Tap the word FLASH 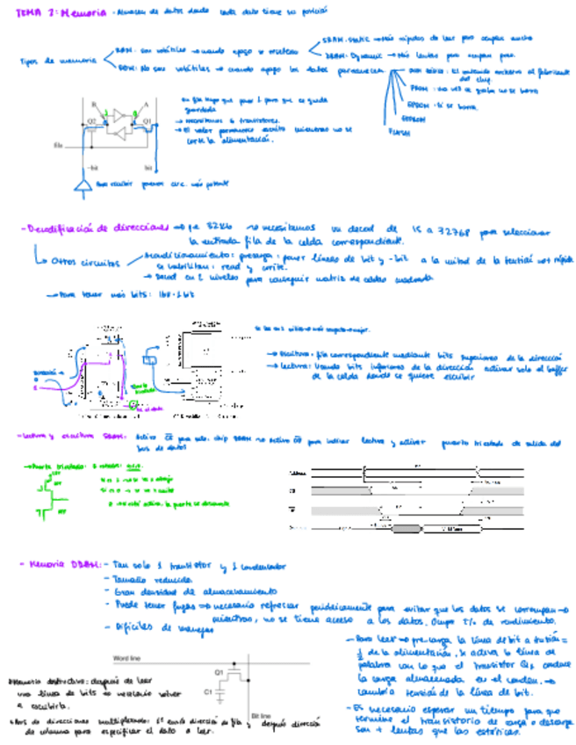tap(398, 133)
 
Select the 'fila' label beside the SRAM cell tap(59, 145)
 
